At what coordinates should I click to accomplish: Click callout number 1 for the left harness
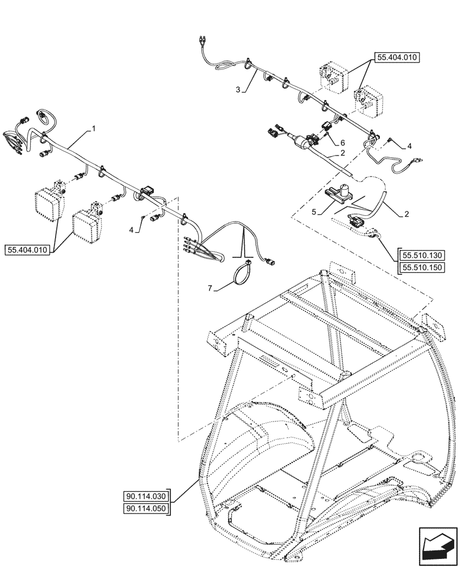pos(94,129)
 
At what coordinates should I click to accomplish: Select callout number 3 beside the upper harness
pos(238,89)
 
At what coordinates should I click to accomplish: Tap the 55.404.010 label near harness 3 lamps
pos(396,57)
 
